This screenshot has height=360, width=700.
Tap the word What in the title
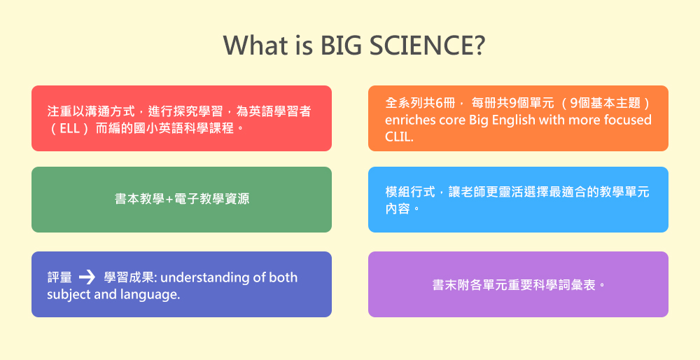coord(248,45)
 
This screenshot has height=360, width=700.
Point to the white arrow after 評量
coord(87,278)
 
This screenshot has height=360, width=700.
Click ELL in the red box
coord(69,129)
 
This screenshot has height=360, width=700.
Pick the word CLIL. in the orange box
coord(399,137)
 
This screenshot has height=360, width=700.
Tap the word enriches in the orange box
coord(407,120)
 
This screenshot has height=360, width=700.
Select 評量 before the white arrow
coord(59,277)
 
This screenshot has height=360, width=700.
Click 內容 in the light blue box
coord(398,209)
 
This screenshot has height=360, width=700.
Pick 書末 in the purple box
coord(444,285)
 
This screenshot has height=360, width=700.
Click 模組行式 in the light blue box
coord(409,192)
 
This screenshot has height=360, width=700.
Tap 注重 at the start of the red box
coord(59,111)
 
